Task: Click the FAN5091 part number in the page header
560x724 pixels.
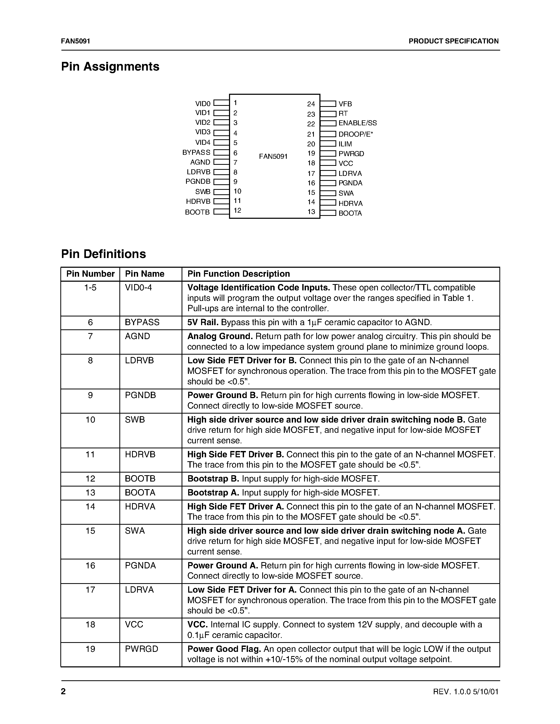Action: tap(76, 41)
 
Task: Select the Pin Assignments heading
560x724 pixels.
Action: tap(110, 67)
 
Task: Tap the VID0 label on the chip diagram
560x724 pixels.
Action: tap(203, 104)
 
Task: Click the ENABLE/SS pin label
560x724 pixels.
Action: tap(358, 123)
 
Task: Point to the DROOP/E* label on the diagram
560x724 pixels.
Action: tap(356, 134)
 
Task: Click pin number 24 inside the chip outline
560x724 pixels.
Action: tap(311, 104)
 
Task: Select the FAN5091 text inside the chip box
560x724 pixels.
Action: tap(273, 156)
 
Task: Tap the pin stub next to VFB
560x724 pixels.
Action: tap(328, 104)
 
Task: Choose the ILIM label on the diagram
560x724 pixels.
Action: tap(345, 144)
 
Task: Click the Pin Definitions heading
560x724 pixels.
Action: tap(104, 254)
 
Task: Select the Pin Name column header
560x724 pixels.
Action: tap(145, 274)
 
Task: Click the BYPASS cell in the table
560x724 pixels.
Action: tap(142, 322)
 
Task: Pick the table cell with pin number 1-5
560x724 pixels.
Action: tap(90, 287)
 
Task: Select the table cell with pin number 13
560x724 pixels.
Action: tap(90, 493)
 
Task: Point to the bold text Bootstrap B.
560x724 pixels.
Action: tap(213, 479)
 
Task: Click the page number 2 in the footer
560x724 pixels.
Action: tap(63, 691)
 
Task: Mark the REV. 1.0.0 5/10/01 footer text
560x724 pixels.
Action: tap(465, 692)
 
